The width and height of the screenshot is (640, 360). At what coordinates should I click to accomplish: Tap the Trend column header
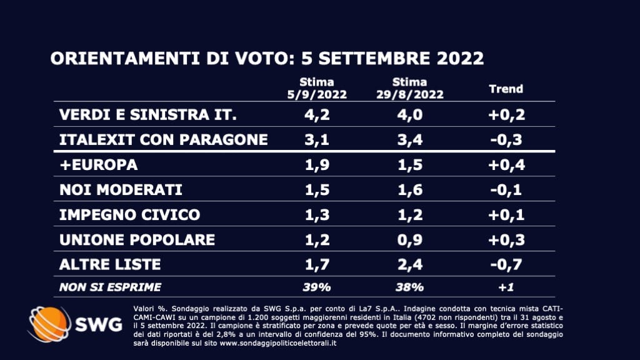pyautogui.click(x=505, y=89)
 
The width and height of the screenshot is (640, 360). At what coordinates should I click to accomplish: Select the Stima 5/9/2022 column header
pyautogui.click(x=316, y=89)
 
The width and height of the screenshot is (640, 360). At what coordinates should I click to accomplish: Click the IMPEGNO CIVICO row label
pyautogui.click(x=129, y=214)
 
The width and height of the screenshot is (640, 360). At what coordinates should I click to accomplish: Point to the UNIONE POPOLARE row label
pyautogui.click(x=137, y=239)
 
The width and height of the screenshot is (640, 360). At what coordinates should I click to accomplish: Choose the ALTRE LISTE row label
pyautogui.click(x=109, y=264)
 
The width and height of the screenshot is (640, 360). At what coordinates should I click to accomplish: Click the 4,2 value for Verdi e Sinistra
pyautogui.click(x=316, y=115)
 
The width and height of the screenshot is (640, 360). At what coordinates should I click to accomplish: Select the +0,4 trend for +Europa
pyautogui.click(x=505, y=166)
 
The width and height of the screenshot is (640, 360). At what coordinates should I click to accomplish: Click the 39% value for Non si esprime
pyautogui.click(x=316, y=287)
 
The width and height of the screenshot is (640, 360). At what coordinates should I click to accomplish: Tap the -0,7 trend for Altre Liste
pyautogui.click(x=505, y=264)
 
